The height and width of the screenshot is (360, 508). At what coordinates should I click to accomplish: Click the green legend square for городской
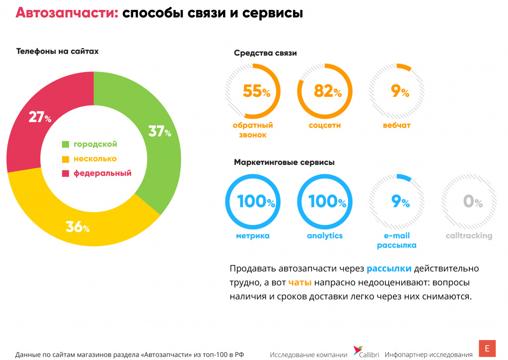point(65,144)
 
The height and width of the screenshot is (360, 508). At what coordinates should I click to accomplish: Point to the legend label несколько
point(95,159)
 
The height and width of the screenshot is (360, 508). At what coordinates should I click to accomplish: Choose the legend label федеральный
point(102,173)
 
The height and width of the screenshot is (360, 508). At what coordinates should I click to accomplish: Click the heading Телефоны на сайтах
point(58,51)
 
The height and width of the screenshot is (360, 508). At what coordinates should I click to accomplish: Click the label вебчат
point(397,126)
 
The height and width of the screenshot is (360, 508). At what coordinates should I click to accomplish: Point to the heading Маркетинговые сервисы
point(284,162)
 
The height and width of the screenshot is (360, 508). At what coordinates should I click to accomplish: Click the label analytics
point(325,236)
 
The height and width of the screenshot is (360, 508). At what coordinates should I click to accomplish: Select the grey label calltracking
point(469,236)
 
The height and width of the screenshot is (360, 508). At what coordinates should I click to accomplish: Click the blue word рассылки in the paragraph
point(389,269)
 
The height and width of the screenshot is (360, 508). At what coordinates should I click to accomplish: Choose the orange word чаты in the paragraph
point(300,283)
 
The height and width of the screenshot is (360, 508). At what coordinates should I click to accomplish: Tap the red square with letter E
point(487,348)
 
